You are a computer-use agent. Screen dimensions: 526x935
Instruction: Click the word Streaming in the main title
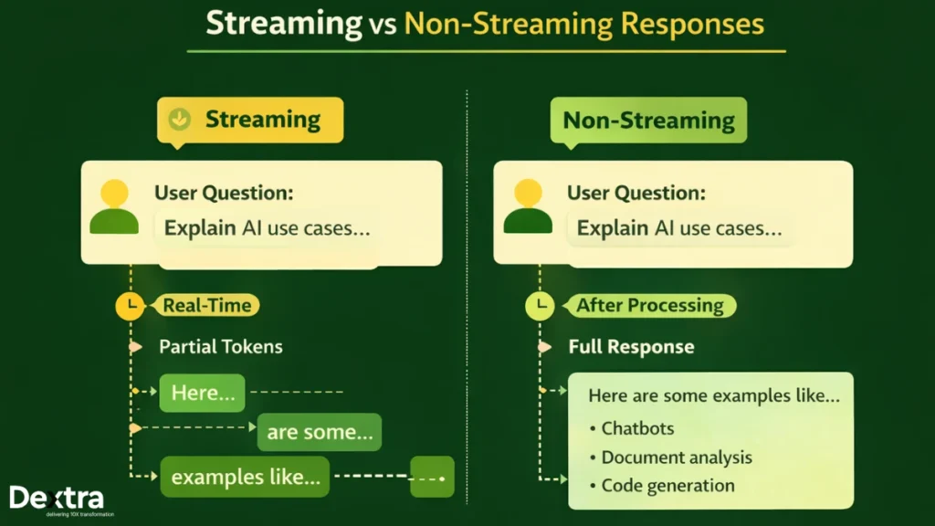(x=283, y=24)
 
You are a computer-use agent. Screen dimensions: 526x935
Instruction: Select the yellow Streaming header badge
(x=250, y=120)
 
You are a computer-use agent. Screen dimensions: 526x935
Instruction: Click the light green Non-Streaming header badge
(x=647, y=121)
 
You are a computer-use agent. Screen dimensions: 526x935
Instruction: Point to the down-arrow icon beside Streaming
(x=181, y=119)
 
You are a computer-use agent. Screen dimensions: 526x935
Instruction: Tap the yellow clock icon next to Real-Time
(x=131, y=306)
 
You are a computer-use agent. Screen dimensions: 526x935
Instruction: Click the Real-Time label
(x=207, y=306)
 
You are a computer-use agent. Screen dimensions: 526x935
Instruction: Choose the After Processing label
(x=649, y=306)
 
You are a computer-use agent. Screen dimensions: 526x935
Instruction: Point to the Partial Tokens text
(x=220, y=347)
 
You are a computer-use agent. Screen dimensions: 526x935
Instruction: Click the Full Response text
(x=631, y=347)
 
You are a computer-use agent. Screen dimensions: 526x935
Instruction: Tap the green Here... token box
(x=202, y=393)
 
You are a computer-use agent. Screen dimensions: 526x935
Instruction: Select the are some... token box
(x=319, y=432)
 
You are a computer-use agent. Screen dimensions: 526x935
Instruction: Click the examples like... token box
(x=246, y=477)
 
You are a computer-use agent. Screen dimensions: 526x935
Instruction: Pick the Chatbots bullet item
(x=637, y=428)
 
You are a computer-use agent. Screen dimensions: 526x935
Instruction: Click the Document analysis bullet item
(x=676, y=458)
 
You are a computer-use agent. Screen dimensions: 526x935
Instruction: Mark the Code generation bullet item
(x=667, y=486)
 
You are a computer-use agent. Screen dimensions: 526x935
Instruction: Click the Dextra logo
(x=57, y=500)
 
